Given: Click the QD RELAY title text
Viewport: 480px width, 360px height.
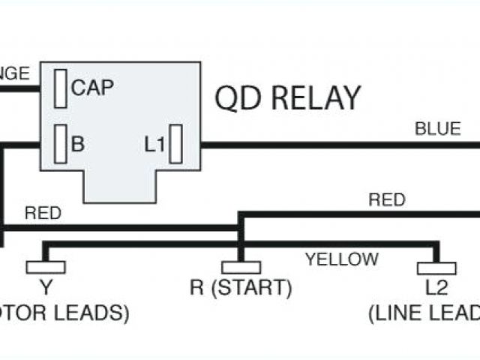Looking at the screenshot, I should (288, 98).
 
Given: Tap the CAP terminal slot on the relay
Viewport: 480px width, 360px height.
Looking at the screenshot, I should (61, 89).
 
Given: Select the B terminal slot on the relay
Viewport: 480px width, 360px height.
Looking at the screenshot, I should (61, 143).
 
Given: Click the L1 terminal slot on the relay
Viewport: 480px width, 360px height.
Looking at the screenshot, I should (177, 145).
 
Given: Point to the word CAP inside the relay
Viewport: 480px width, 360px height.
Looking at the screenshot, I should (92, 88).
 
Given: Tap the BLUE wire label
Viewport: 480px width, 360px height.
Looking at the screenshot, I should (438, 129).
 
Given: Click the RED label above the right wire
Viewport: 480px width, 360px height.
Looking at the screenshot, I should (387, 199).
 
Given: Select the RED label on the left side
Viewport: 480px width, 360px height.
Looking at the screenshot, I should (43, 213).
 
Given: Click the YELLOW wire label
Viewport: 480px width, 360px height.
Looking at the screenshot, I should (341, 260).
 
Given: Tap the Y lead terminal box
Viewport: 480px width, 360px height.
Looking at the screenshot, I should (46, 267).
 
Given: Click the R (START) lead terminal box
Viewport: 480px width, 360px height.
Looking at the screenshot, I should (241, 267).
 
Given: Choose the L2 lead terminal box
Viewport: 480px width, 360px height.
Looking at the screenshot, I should (436, 268).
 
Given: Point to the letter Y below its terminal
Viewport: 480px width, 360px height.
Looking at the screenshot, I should (46, 287).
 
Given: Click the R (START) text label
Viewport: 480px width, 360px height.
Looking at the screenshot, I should (241, 287).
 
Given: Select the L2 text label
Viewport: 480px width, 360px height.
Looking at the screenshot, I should (436, 287).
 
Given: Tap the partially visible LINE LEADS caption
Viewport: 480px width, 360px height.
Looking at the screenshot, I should (424, 313).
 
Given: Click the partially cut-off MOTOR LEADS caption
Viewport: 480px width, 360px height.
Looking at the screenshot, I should (64, 313).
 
